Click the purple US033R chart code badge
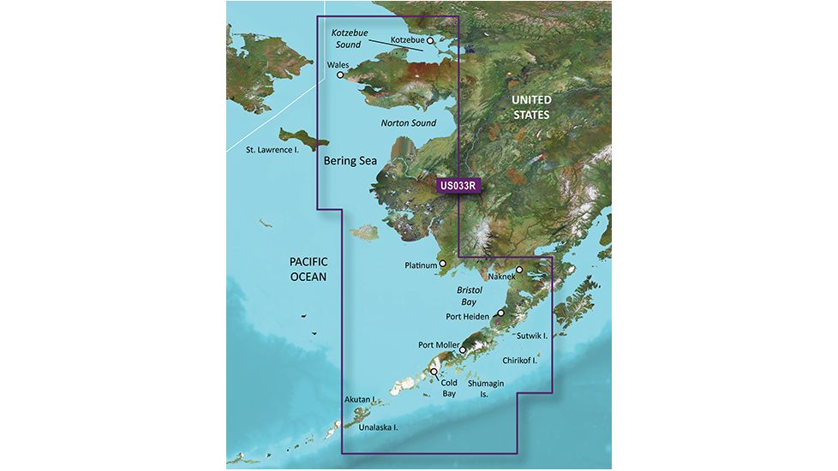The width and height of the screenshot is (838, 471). pos(459,184)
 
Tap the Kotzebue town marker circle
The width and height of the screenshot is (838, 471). pos(431,40)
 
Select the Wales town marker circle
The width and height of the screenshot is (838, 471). pos(340,75)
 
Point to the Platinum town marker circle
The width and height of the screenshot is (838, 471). pos(443,265)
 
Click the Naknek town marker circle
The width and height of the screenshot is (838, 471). pos(519,270)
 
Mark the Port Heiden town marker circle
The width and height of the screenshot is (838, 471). pos(501,313)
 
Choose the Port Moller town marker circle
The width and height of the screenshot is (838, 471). pos(463,349)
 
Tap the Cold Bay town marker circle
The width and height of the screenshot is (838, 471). pos(434,373)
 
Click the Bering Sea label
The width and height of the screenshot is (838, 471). pos(350,160)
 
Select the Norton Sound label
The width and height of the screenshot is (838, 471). pos(408,123)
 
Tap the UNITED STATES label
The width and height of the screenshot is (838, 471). pos(530,107)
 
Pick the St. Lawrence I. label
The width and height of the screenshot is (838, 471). pos(271,151)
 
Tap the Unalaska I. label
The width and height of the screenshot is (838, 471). pos(378,426)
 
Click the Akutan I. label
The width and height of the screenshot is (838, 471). pos(360,399)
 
